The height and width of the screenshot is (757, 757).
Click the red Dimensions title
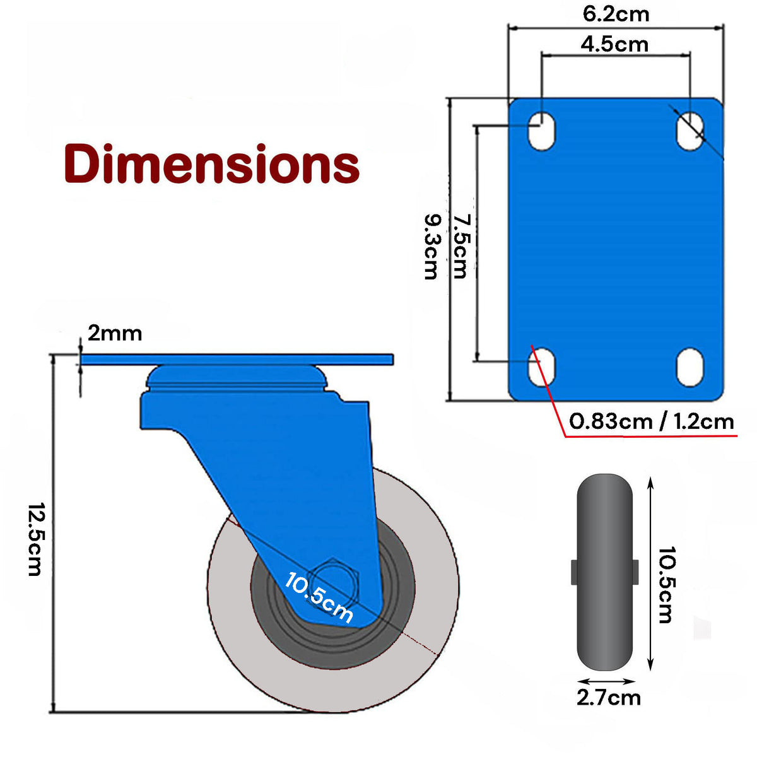point(211,164)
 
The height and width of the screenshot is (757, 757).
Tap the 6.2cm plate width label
point(616,14)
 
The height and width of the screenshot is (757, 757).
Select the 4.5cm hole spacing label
point(614,44)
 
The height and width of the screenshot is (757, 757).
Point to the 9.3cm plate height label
point(431,247)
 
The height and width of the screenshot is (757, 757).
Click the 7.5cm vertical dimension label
point(461,247)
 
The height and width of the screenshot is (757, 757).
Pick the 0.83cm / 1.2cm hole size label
point(652,421)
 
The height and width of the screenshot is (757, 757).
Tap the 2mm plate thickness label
point(115,333)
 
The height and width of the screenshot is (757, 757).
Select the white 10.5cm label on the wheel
point(319,597)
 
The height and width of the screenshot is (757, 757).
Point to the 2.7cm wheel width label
point(608,697)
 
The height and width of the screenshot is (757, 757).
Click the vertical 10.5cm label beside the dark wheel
point(665,585)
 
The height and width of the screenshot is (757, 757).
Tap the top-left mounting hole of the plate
point(541,131)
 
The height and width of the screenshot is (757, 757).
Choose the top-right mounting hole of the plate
point(690,131)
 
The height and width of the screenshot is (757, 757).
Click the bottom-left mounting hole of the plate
point(541,367)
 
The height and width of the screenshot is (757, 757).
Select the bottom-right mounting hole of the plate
point(690,367)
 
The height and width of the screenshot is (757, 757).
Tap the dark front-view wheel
point(604,572)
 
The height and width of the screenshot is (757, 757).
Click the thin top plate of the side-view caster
point(237,360)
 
